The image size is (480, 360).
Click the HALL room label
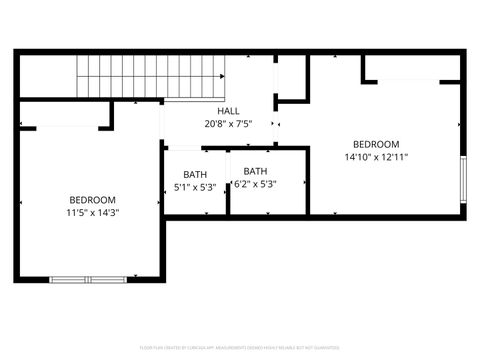228,110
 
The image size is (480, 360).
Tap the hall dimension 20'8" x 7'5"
228,124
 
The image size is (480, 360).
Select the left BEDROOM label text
91,199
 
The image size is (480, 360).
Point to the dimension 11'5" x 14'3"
91,212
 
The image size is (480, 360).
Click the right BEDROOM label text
376,144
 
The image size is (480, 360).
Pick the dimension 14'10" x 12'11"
376,157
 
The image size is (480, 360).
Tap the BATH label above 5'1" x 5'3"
195,174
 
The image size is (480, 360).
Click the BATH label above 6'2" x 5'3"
255,171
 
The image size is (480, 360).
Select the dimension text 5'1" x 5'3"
195,187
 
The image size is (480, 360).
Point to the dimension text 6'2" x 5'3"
255,184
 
